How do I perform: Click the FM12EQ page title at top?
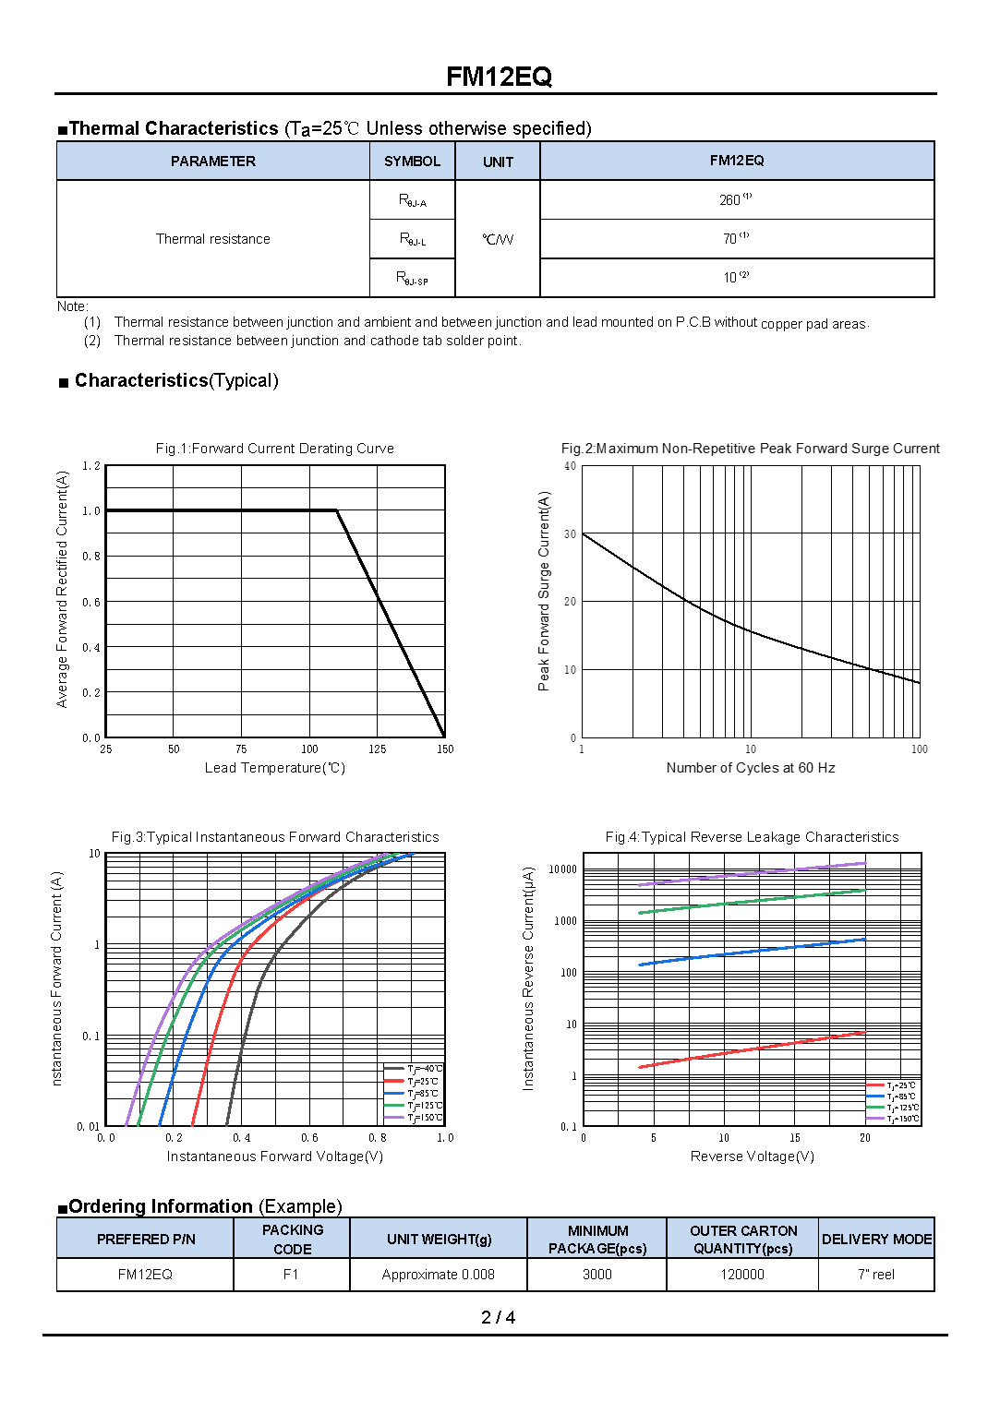coord(499,77)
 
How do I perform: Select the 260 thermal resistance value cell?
coord(735,199)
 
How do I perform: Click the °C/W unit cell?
coord(498,239)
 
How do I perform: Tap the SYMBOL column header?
coord(412,162)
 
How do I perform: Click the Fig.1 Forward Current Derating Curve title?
coord(274,449)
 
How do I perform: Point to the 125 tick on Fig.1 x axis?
coord(377,749)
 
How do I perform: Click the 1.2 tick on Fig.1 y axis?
coord(91,466)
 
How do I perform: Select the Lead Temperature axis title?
coord(274,768)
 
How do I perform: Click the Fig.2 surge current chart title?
coord(750,449)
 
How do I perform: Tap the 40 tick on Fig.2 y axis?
coord(571,466)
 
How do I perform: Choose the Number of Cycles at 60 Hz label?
coord(750,768)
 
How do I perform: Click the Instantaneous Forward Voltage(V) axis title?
coord(274,1156)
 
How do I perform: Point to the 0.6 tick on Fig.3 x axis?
coord(309,1138)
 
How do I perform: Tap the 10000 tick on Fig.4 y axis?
coord(562,869)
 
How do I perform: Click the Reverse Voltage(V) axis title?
coord(752,1156)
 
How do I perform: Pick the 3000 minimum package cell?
coord(596,1275)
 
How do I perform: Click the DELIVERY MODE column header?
coord(876,1239)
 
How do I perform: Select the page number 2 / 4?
coord(498,1317)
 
